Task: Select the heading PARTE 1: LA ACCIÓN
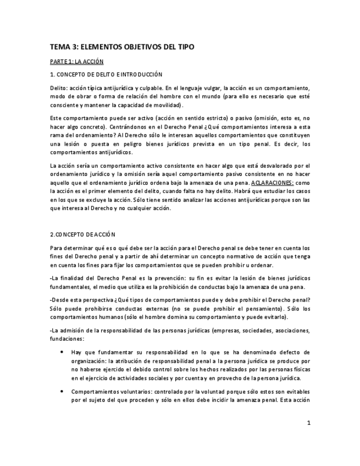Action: click(76, 62)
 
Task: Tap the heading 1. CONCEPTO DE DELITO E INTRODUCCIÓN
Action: click(106, 74)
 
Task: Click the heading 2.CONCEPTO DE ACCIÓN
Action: click(82, 234)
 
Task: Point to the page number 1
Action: click(309, 423)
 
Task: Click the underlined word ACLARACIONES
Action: click(272, 182)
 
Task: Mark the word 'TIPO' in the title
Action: click(185, 47)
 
